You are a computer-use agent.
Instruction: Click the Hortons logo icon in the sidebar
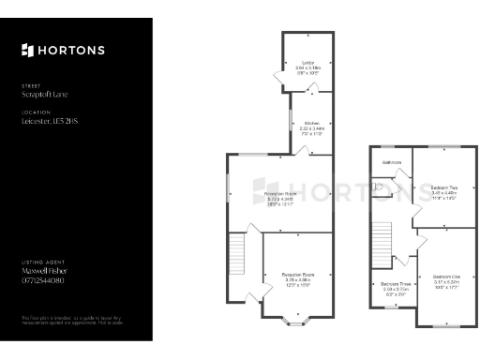pos(27,50)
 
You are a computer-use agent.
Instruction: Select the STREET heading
pos(32,86)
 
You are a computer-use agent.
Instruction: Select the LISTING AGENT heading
pos(41,262)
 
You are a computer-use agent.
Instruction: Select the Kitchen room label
pos(309,123)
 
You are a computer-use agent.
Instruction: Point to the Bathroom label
pos(391,163)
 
